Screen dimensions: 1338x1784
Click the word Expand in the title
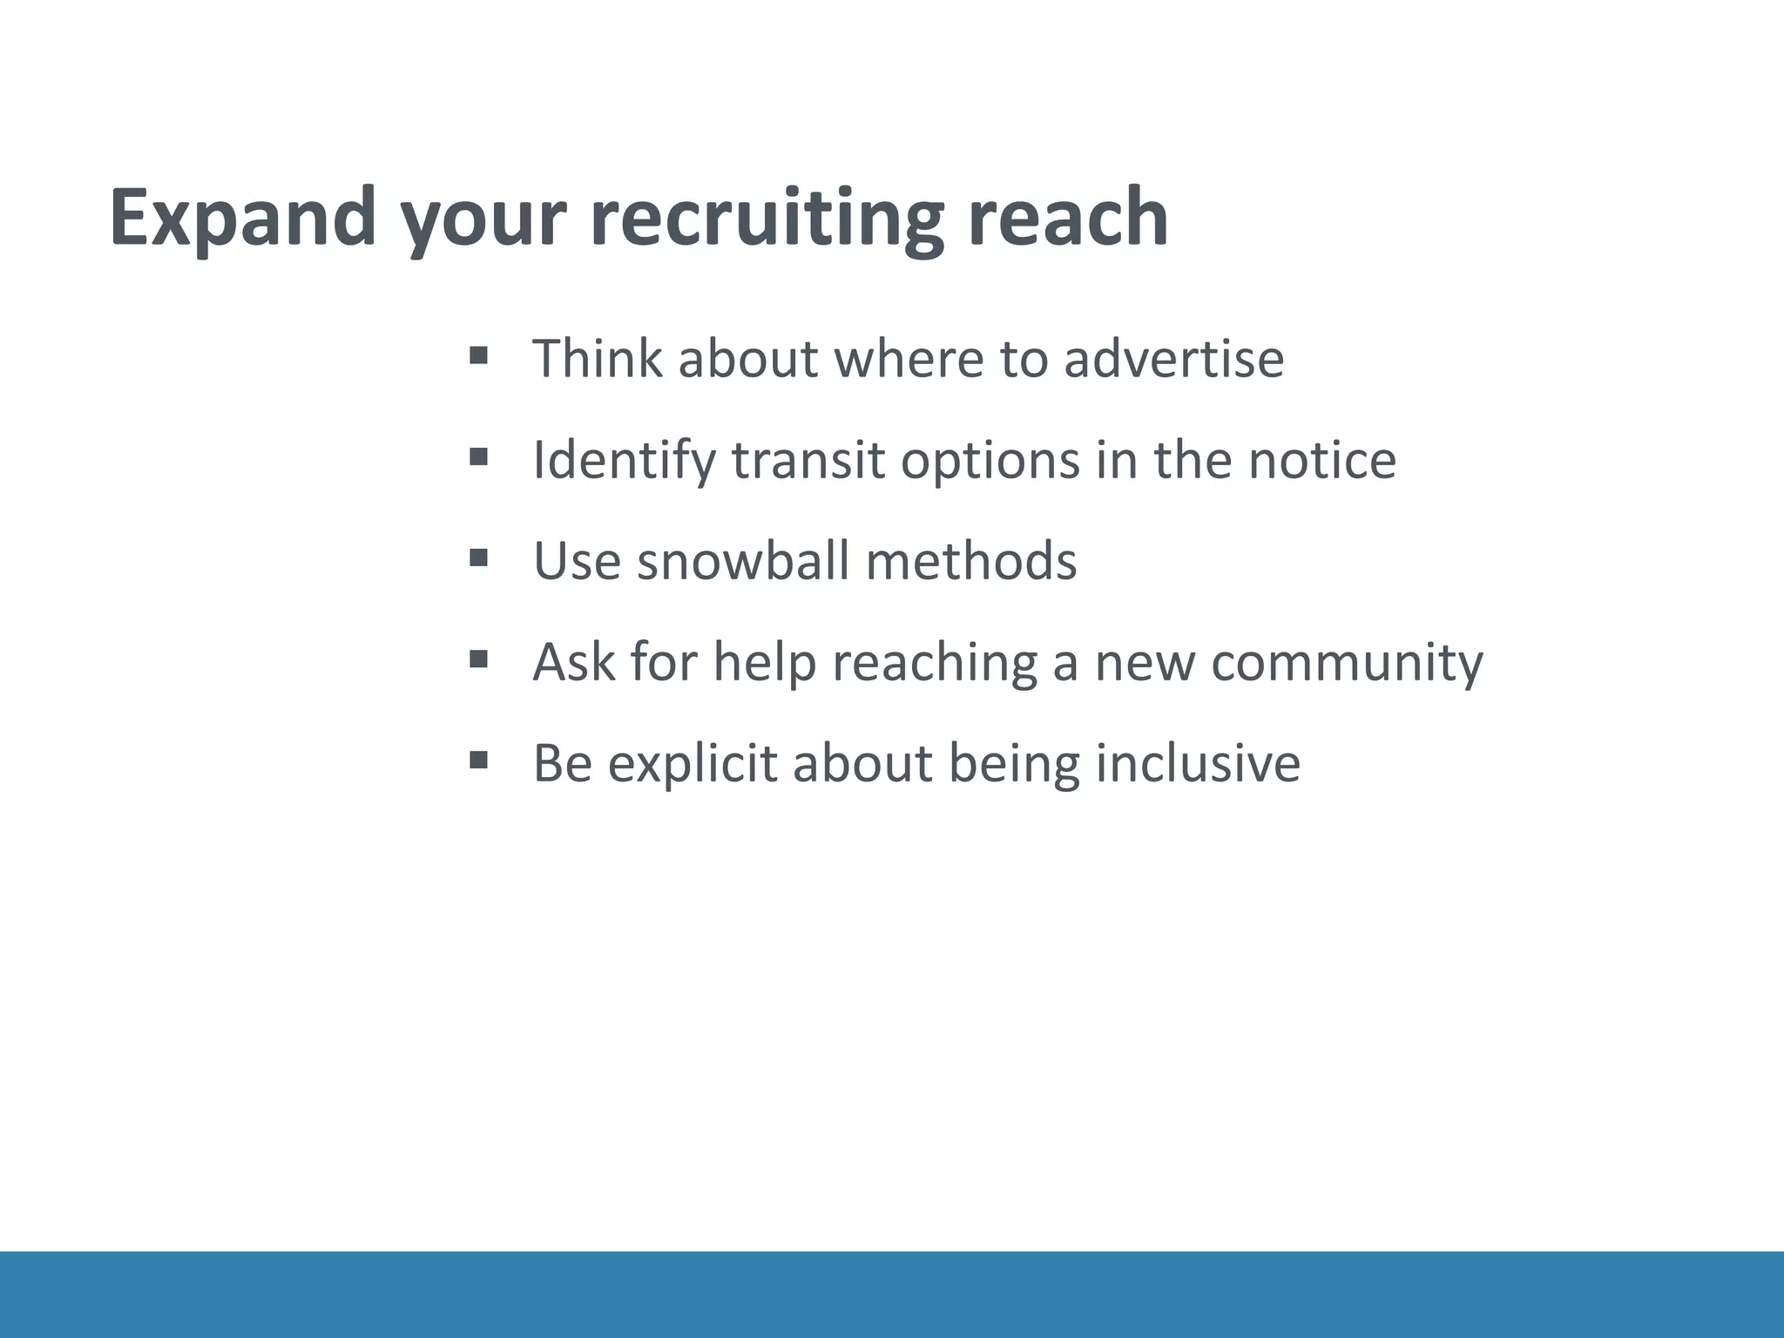pos(243,218)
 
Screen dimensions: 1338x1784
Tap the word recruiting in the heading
pos(767,218)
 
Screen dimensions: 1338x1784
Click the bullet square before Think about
pos(477,355)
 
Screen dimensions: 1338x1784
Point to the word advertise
pos(1173,358)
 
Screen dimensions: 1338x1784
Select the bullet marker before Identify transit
pos(477,456)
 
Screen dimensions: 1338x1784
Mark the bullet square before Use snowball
pos(477,557)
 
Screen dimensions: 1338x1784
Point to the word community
pos(1347,663)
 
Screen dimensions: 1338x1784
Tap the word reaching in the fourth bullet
pos(935,663)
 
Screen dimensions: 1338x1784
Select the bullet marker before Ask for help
pos(477,658)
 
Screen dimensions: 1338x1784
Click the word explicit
pos(692,764)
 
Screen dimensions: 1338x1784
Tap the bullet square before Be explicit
pos(477,760)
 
